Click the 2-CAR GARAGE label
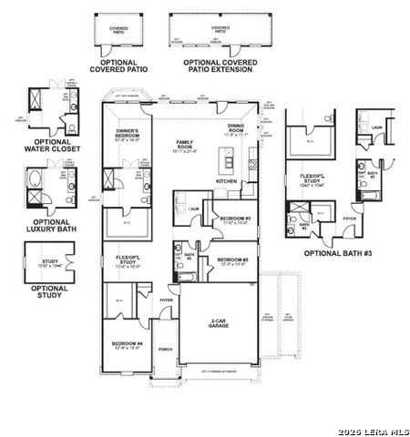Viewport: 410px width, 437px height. click(218, 323)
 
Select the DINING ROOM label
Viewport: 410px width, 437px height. click(235, 129)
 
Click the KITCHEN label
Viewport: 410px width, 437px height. click(227, 181)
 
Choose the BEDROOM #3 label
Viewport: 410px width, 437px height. click(235, 218)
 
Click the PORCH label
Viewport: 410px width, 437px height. click(165, 348)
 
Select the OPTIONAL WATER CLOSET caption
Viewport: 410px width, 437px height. click(58, 147)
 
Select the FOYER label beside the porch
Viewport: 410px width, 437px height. click(166, 298)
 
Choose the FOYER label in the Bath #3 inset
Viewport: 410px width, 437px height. click(350, 218)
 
